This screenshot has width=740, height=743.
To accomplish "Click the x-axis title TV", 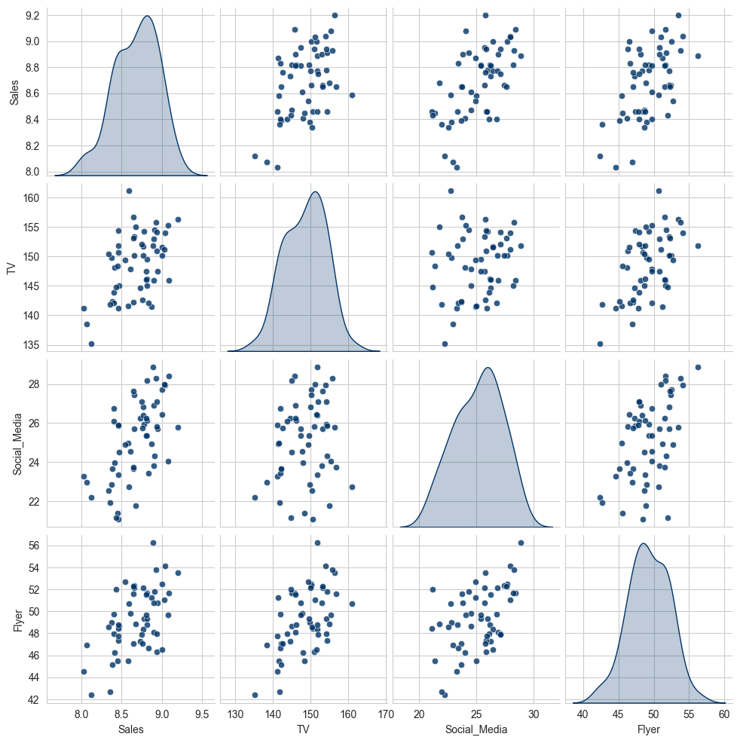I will coord(302,729).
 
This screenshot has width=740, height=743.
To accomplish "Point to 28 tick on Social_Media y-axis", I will coord(32,384).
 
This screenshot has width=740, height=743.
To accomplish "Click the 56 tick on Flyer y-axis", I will coord(32,545).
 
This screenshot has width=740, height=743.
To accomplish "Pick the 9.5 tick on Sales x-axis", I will coord(202,713).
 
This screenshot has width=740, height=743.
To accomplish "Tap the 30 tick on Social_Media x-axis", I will coord(534,713).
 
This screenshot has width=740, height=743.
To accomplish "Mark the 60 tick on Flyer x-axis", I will coord(724,713).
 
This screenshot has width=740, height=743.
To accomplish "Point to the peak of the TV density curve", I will coord(315,191).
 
